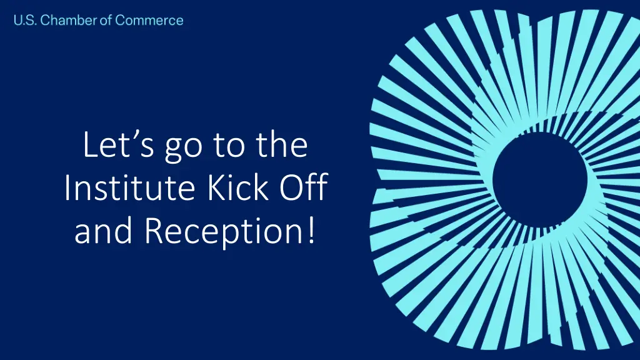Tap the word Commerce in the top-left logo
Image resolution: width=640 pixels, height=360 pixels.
click(149, 21)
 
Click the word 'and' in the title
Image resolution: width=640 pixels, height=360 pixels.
click(103, 232)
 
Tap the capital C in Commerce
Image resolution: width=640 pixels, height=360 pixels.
click(121, 21)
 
